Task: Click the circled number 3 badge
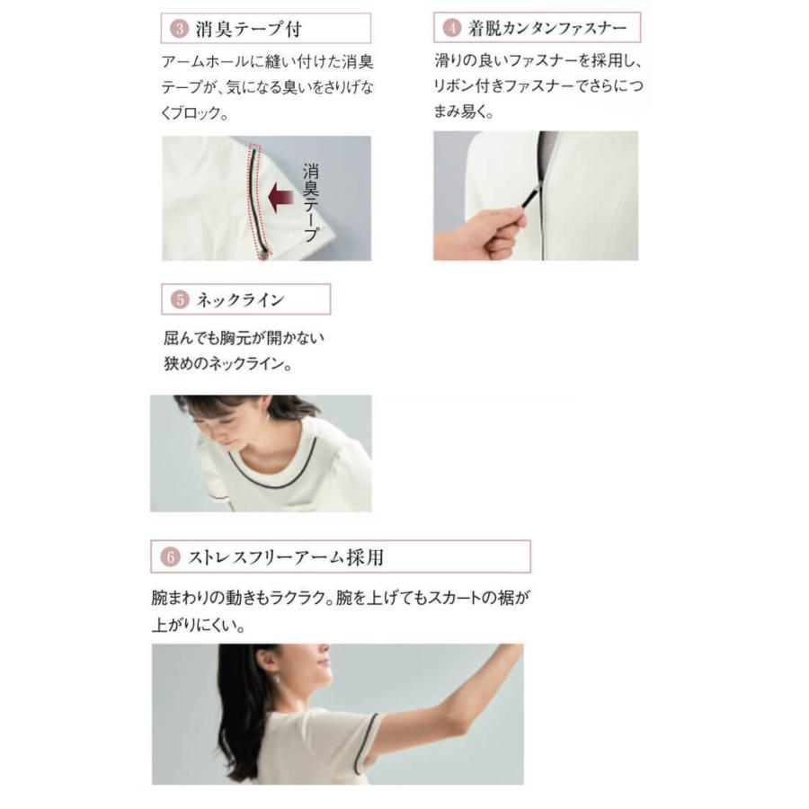tap(179, 29)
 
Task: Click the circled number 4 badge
tap(451, 28)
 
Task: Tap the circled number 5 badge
tap(179, 299)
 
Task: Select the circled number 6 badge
tap(170, 557)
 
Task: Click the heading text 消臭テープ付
tap(248, 29)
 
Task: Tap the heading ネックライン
tap(240, 299)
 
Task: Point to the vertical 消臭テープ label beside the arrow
tap(311, 202)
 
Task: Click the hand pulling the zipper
tap(476, 234)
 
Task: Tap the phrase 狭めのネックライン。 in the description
tap(224, 365)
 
